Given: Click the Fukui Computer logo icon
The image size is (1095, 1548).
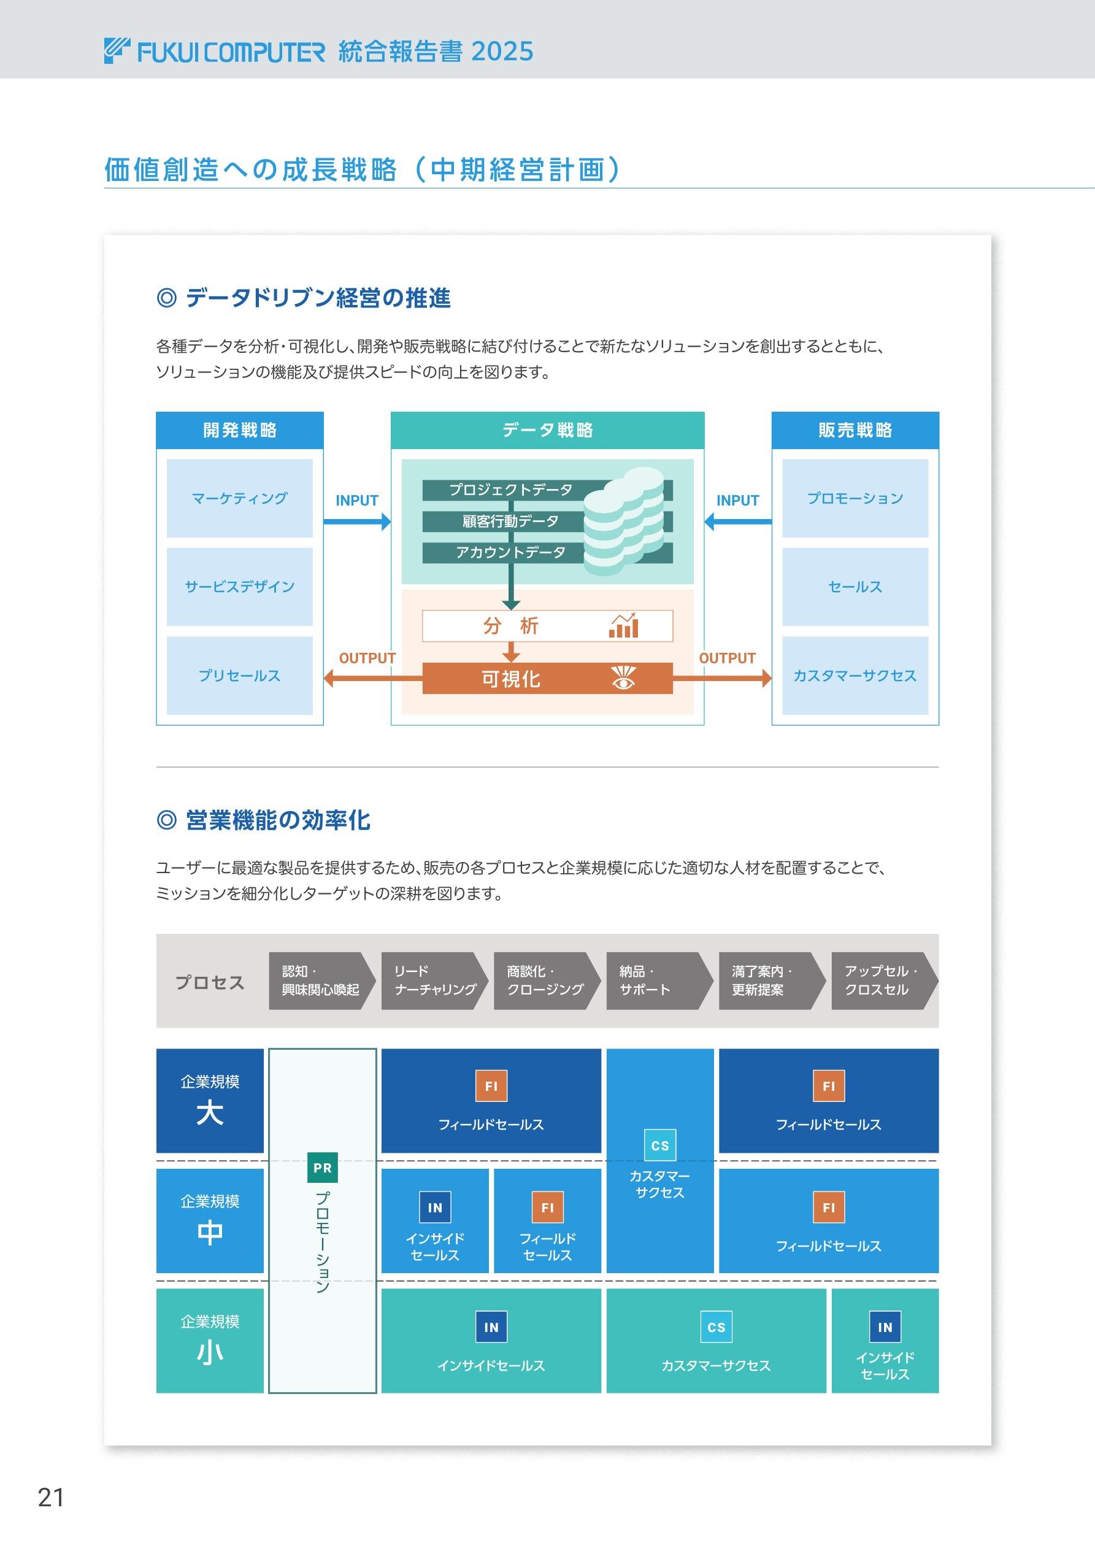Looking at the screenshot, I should (x=117, y=52).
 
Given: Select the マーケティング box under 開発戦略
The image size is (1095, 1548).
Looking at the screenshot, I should (x=239, y=498).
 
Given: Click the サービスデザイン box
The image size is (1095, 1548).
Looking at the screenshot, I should (x=239, y=587).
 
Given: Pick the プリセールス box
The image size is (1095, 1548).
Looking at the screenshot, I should (x=239, y=676).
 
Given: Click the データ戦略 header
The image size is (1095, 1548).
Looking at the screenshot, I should (x=547, y=430).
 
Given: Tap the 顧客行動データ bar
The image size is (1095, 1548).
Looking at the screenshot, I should (x=510, y=521).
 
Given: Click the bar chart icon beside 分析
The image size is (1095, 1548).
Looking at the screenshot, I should (x=623, y=626).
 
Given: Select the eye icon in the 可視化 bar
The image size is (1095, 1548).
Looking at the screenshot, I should (x=624, y=678).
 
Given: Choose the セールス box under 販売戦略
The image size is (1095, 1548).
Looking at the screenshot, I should (x=855, y=587).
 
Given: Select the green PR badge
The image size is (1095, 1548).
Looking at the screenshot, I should (x=322, y=1168).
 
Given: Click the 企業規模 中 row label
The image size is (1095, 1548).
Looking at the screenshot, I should (x=210, y=1221).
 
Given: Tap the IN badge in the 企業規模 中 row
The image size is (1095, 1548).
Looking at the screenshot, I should (x=435, y=1207).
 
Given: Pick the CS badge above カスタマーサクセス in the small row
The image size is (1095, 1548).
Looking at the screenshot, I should (x=716, y=1327).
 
